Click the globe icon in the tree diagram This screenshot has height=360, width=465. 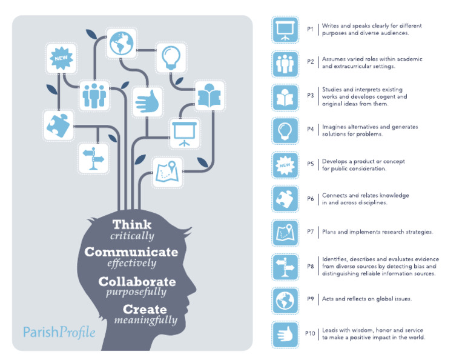click(121, 43)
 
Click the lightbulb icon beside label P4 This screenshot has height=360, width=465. click(285, 130)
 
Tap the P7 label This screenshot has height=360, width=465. click(310, 232)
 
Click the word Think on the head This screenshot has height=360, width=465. click(132, 224)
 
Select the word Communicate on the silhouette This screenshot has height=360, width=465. click(131, 252)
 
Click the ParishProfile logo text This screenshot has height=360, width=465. click(59, 332)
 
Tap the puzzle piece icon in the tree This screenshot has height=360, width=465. click(58, 125)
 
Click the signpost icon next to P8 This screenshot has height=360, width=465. click(285, 267)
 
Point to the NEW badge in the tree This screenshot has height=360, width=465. click(61, 58)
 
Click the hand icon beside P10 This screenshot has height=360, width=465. click(285, 335)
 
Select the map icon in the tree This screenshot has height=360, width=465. click(167, 173)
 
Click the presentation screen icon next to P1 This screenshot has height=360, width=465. click(285, 30)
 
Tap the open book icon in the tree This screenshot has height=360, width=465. click(209, 96)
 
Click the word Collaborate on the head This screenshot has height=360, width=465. click(137, 282)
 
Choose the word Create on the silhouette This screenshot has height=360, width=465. click(145, 309)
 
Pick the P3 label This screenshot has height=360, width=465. click(310, 96)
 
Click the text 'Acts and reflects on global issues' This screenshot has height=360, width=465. click(367, 299)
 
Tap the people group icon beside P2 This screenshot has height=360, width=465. click(285, 64)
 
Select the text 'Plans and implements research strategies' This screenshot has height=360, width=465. click(378, 232)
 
